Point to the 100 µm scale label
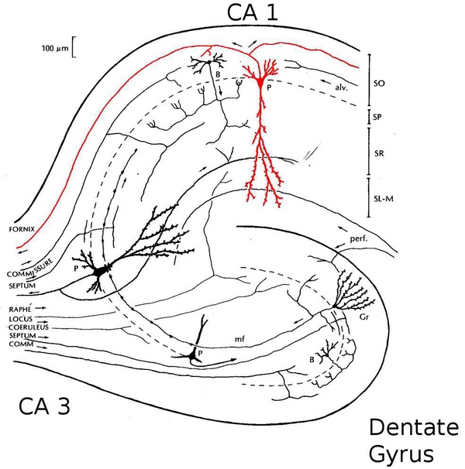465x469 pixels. (x=55, y=48)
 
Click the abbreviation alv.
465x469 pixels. (x=336, y=87)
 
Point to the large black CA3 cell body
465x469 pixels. (x=99, y=271)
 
